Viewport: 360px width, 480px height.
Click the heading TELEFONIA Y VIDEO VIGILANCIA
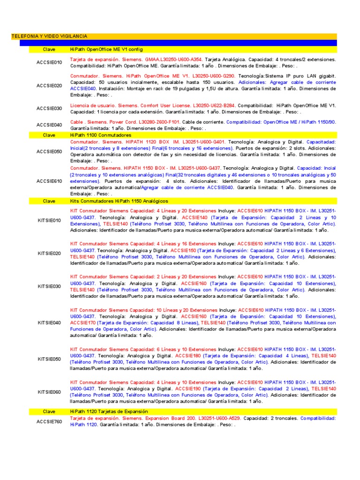(x=49, y=36)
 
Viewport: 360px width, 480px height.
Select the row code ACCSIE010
(x=49, y=62)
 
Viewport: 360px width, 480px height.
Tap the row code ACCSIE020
(x=49, y=85)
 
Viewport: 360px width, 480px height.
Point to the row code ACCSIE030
(x=49, y=108)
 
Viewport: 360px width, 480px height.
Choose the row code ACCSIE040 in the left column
(x=49, y=125)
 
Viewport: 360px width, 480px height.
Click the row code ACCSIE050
(x=49, y=151)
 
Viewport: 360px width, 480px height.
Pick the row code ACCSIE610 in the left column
(x=49, y=180)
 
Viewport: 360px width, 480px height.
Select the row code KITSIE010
(x=49, y=220)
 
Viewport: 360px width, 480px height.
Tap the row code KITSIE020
(x=49, y=253)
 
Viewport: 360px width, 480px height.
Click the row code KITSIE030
(x=49, y=286)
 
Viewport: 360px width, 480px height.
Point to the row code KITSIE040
(x=49, y=322)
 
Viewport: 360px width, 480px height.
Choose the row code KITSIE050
(x=49, y=359)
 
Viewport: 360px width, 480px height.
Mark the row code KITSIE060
(x=49, y=391)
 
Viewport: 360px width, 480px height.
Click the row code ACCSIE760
(x=49, y=421)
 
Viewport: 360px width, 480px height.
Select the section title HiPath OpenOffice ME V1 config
(x=106, y=49)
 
